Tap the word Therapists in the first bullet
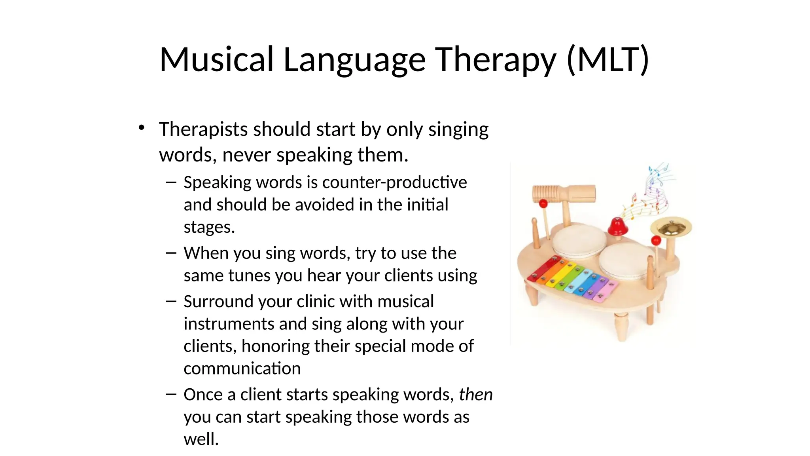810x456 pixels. click(203, 129)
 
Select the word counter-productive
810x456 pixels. click(394, 182)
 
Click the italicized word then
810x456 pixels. click(476, 395)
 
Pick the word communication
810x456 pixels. click(242, 369)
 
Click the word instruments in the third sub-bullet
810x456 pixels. click(229, 324)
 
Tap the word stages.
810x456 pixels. click(209, 227)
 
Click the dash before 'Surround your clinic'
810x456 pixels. click(171, 302)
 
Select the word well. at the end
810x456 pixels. click(201, 439)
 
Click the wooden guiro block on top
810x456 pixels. click(564, 194)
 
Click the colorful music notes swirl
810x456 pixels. click(651, 194)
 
